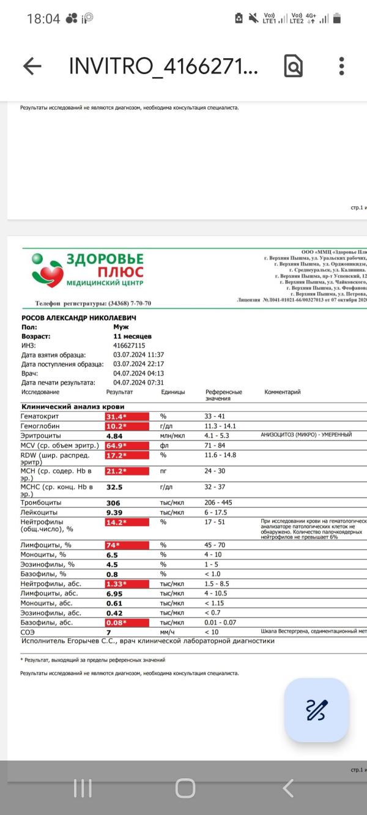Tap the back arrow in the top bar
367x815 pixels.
point(32,66)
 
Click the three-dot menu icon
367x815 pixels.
point(341,66)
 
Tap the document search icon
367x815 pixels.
point(294,66)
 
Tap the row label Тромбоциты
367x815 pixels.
point(42,503)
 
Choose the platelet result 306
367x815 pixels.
point(114,503)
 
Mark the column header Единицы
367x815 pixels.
point(173,392)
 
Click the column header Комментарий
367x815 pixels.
point(283,392)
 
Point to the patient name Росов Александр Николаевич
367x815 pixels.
point(78,318)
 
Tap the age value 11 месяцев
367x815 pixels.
point(133,337)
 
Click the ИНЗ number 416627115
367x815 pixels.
point(129,346)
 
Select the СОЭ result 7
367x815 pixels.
point(108,631)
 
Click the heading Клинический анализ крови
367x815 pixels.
point(73,406)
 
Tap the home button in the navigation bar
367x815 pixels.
point(185,788)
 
